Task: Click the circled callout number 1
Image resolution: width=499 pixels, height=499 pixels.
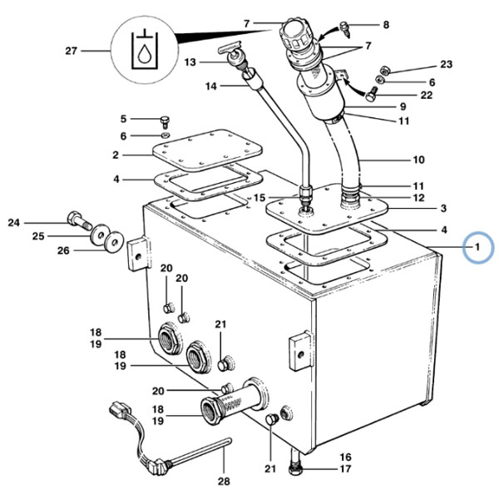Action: tap(477, 247)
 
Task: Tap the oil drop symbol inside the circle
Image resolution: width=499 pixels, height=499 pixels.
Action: tap(144, 54)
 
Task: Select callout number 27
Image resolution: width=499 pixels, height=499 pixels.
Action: tap(72, 51)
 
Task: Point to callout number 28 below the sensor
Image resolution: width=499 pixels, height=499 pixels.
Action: tap(224, 482)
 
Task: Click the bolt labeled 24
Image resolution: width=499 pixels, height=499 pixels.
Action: tap(79, 220)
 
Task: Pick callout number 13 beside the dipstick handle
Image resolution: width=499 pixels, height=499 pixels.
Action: tap(190, 62)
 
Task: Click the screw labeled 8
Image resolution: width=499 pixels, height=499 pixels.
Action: tap(345, 29)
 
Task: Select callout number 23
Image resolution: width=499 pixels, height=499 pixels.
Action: tap(446, 64)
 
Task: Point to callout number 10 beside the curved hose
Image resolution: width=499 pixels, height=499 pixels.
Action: tap(418, 160)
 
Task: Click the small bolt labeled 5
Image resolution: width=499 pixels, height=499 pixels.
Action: tap(165, 122)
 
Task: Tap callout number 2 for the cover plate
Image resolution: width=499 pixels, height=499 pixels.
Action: tap(116, 155)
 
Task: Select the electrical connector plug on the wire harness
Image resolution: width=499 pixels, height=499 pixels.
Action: tap(121, 410)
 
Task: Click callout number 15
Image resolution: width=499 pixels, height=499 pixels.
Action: tap(259, 198)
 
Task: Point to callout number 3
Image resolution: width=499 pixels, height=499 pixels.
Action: tap(443, 209)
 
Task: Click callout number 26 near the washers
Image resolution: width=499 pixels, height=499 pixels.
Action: tap(63, 250)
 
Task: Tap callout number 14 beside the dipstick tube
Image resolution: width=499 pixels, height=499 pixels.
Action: tap(210, 86)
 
